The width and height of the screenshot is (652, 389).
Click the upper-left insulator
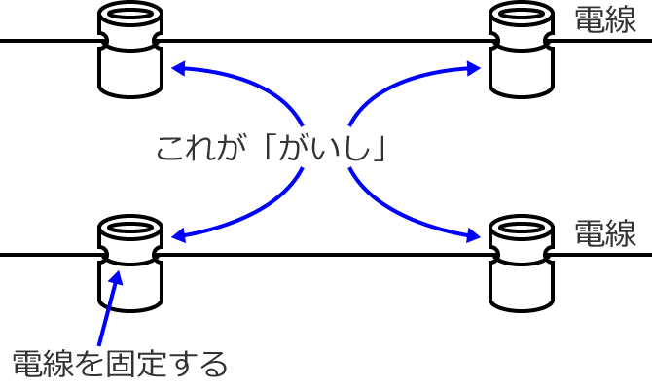click(130, 53)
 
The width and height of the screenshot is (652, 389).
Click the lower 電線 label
click(605, 232)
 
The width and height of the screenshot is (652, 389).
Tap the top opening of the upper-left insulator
click(130, 18)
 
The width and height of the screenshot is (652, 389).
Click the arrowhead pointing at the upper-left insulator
click(177, 68)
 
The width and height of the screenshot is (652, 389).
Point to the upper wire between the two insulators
click(326, 41)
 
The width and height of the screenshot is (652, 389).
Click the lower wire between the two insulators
click(326, 254)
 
